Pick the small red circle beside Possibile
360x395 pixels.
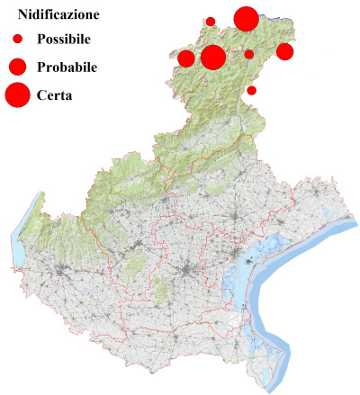(17, 40)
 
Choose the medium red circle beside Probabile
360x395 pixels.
(17, 67)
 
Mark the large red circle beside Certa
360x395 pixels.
(17, 94)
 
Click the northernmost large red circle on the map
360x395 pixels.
(246, 18)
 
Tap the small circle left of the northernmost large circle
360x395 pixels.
(211, 22)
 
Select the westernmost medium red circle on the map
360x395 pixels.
(186, 59)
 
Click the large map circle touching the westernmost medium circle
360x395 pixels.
(213, 58)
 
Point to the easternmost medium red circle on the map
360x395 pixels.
(284, 51)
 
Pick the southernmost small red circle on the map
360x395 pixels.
(252, 90)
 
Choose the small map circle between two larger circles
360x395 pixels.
(249, 54)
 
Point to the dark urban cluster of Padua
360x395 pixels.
(186, 270)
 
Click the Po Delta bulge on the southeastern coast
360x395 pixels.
(261, 346)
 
